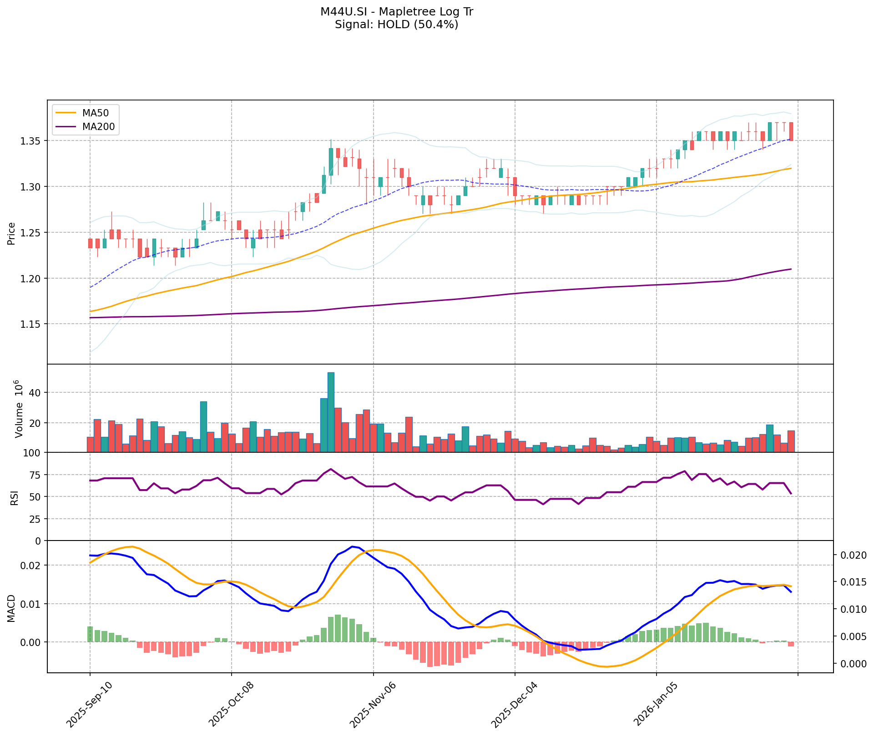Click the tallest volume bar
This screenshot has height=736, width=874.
[x=331, y=412]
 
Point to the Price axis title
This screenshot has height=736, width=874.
[x=11, y=233]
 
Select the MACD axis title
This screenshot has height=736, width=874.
[x=11, y=608]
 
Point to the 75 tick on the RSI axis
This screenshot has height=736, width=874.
[x=35, y=475]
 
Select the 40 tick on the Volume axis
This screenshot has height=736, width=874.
[x=35, y=392]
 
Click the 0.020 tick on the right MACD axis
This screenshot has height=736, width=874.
[x=849, y=555]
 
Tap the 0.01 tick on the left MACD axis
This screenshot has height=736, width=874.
[x=33, y=604]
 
